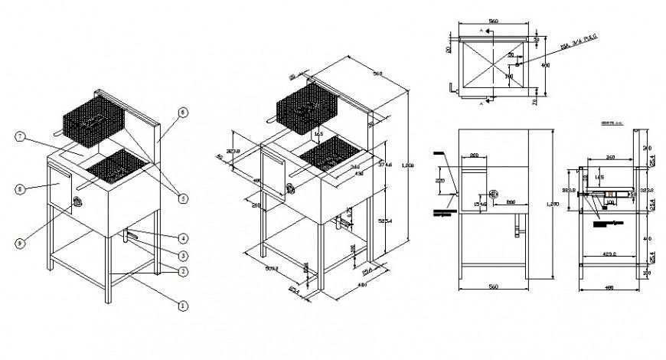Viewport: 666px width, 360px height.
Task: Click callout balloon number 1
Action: (182, 305)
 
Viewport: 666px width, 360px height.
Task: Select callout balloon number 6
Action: (182, 112)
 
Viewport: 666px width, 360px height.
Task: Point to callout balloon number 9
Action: (20, 243)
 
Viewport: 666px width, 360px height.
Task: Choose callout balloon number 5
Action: (182, 198)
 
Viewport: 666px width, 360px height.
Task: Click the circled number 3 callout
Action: (182, 254)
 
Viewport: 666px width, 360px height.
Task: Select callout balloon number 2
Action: (182, 270)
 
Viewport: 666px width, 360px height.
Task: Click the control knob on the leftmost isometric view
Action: (77, 202)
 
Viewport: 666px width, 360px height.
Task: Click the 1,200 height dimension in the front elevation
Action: (562, 205)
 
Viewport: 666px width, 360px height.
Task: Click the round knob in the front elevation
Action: (494, 195)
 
